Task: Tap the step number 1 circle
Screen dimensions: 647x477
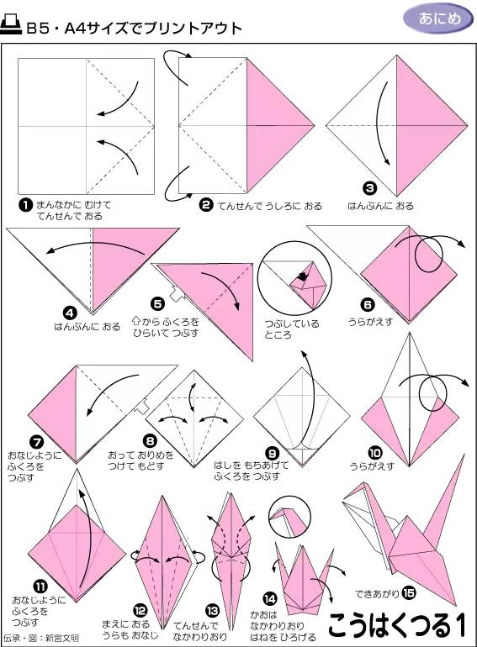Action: click(25, 204)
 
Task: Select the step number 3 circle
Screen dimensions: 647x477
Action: click(369, 188)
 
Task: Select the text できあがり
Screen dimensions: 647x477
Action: click(377, 592)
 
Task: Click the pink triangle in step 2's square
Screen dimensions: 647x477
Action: click(278, 125)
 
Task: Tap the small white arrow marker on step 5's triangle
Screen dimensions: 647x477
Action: click(174, 294)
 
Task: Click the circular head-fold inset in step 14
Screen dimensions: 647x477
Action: click(290, 518)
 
